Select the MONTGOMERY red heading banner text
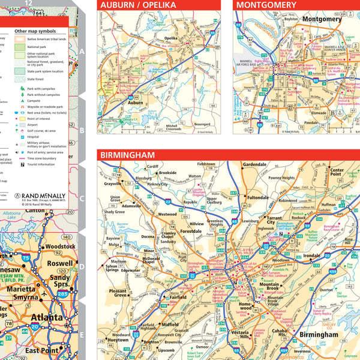[x=266, y=5]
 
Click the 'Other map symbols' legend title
[x=40, y=31]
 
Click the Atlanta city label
[x=47, y=317]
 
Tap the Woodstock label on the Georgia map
[x=60, y=246]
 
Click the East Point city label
[x=41, y=350]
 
